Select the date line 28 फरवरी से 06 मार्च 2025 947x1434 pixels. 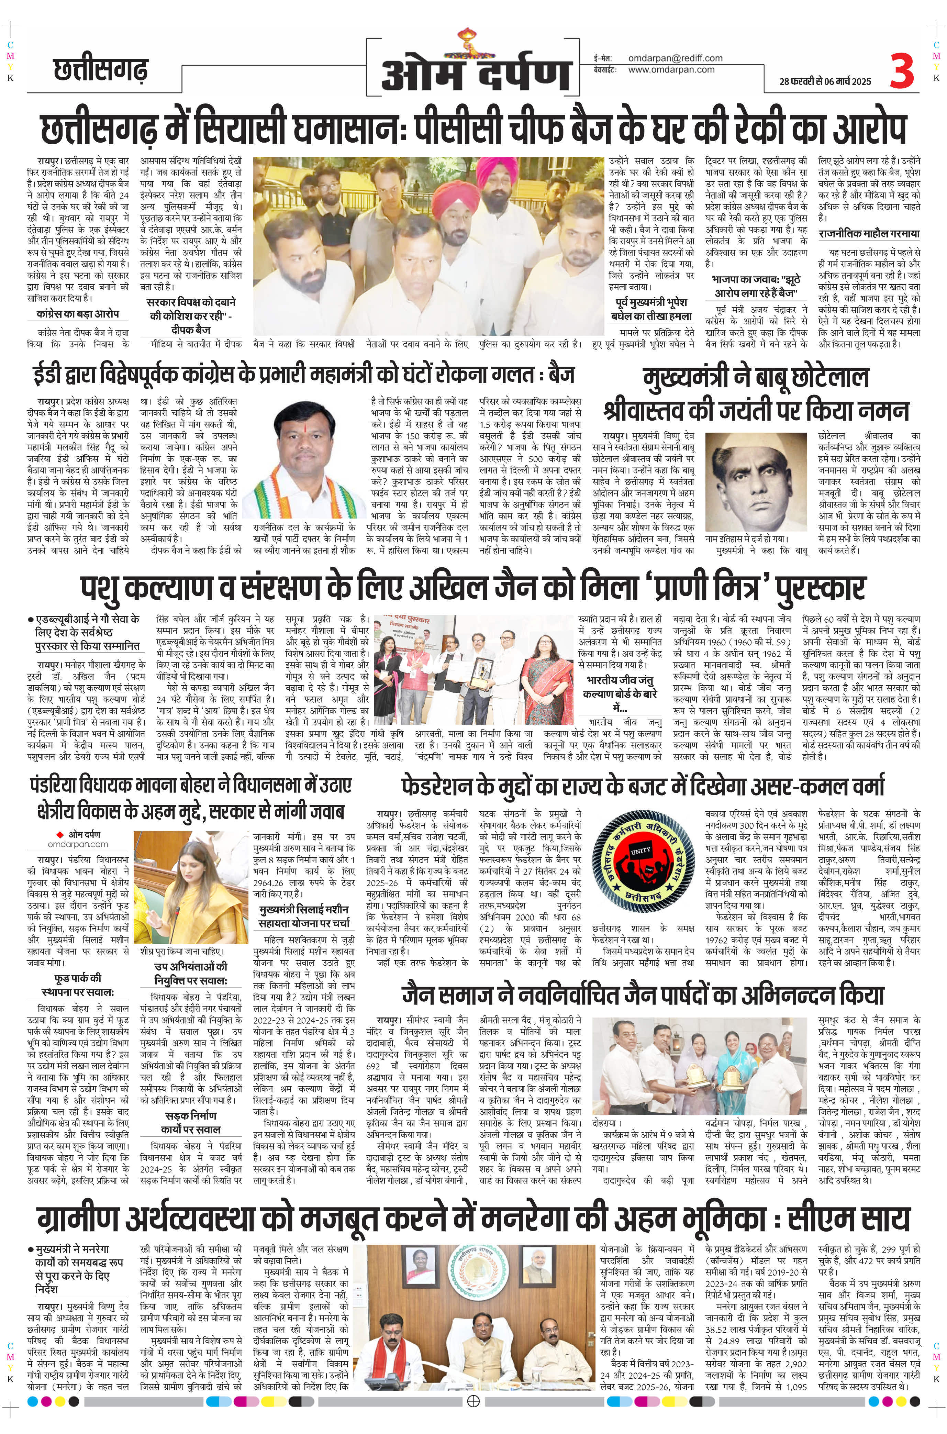(825, 81)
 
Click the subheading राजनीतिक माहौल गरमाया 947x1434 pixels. (868, 233)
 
